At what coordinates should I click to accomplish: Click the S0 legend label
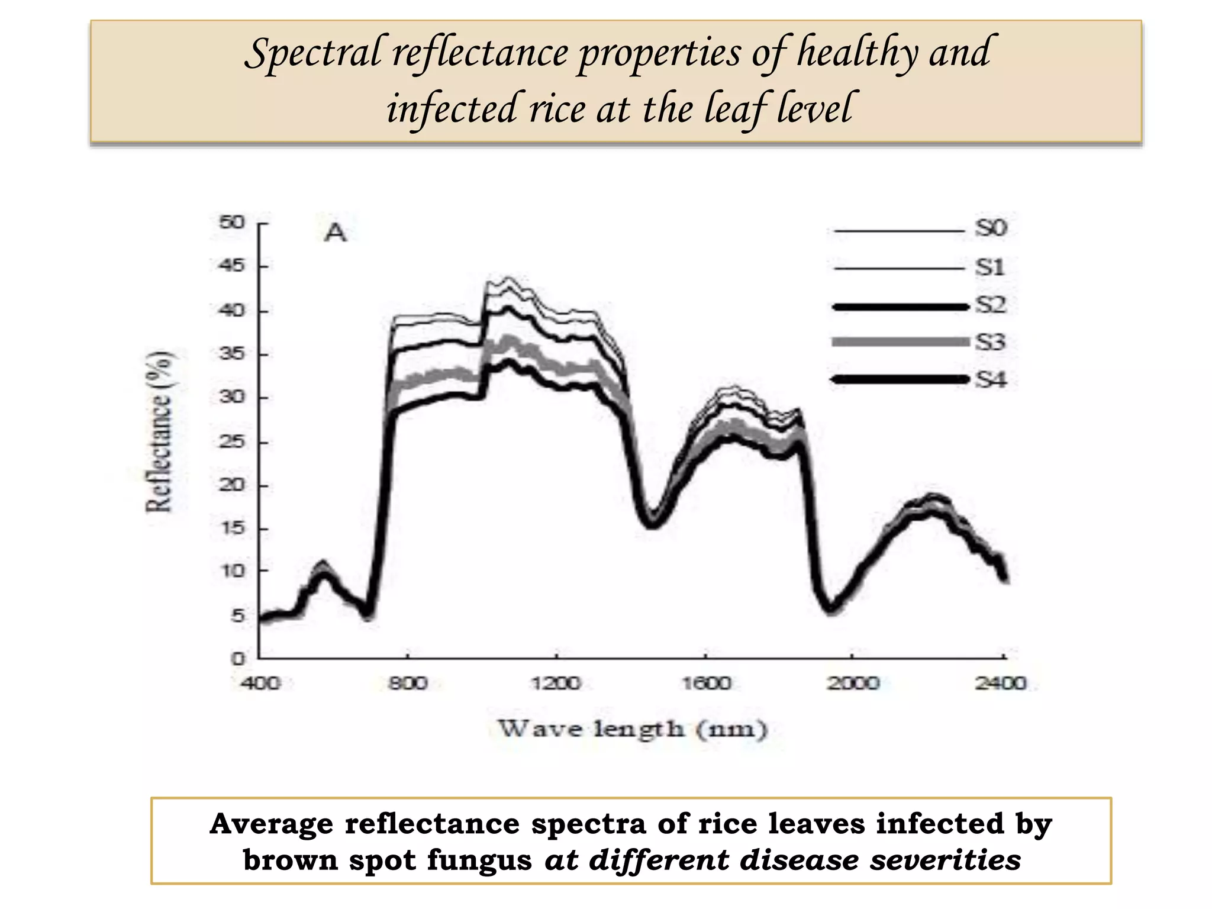(x=991, y=228)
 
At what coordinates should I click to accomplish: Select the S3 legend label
(x=991, y=342)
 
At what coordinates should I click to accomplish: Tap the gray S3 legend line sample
(x=900, y=342)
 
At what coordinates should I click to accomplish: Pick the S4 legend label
(x=991, y=379)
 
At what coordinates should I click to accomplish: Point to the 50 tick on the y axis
(x=232, y=223)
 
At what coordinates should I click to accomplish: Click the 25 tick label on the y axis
(x=232, y=442)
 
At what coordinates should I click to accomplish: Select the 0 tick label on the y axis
(x=238, y=658)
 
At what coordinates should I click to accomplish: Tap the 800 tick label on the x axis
(x=407, y=684)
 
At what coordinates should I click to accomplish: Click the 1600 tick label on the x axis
(x=705, y=684)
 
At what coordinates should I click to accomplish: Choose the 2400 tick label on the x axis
(x=1001, y=684)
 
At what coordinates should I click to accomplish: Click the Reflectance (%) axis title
(x=159, y=431)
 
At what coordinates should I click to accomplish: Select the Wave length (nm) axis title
(x=633, y=729)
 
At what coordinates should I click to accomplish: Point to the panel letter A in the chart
(x=336, y=233)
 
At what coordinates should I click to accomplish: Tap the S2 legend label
(x=991, y=305)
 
